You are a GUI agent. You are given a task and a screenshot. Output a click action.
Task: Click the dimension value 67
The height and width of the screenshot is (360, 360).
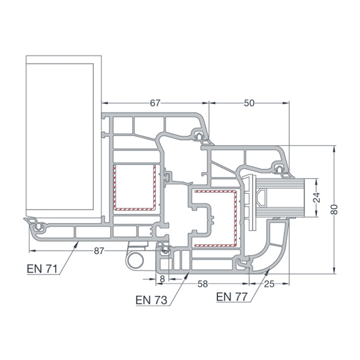(x=155, y=103)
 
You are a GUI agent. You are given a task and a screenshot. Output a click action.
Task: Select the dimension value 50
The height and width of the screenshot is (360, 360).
(x=249, y=103)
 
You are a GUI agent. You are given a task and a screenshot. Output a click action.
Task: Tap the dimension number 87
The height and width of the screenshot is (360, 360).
(x=99, y=251)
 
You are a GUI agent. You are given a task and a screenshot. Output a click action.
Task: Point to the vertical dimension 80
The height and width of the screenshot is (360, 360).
(x=334, y=209)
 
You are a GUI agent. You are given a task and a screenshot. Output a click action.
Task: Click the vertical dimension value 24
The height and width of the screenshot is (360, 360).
(x=316, y=198)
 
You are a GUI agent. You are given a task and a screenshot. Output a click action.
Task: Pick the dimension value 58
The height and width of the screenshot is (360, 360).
(x=203, y=284)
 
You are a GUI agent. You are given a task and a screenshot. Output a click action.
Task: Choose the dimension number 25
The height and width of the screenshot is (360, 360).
(x=269, y=284)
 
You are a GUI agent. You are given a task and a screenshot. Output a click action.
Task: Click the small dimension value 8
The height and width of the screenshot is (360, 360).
(x=162, y=279)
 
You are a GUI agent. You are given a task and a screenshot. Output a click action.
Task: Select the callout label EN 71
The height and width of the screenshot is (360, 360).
(x=42, y=269)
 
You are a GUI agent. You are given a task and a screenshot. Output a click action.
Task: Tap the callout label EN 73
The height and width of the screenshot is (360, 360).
(x=151, y=300)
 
